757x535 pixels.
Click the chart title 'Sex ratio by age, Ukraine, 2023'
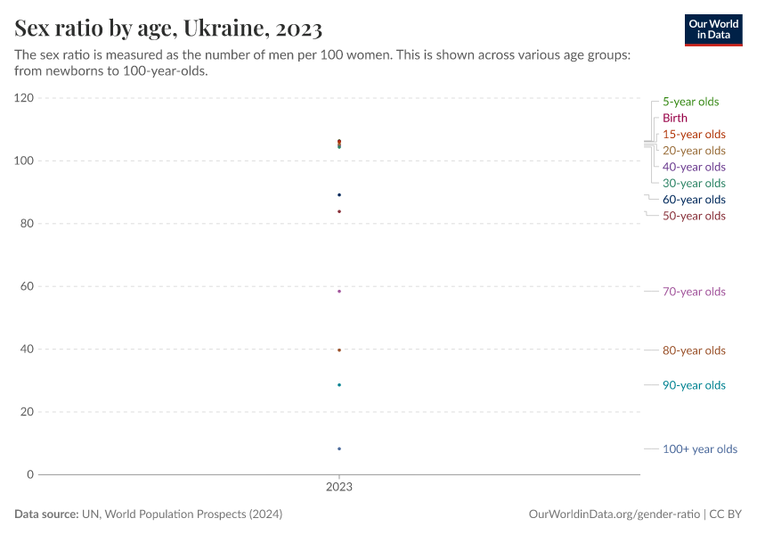point(168,29)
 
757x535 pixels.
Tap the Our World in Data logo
point(712,29)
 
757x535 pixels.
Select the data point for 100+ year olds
point(339,449)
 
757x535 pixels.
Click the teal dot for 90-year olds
point(339,385)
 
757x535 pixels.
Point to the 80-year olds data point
point(339,350)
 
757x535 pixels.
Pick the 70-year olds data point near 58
point(339,292)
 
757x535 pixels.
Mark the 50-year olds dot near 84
point(339,211)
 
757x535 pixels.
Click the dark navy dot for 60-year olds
point(339,195)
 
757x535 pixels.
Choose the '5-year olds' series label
point(690,102)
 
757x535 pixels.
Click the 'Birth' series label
point(675,118)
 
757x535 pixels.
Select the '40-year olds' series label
point(694,167)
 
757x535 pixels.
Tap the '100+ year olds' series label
point(699,449)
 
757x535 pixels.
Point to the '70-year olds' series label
point(694,292)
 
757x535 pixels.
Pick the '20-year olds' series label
point(694,151)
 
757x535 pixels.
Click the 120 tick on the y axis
point(24,98)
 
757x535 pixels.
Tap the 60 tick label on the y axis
point(27,286)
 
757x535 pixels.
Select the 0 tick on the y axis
point(30,474)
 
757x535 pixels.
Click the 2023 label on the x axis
point(339,488)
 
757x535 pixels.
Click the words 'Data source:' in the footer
point(46,514)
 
